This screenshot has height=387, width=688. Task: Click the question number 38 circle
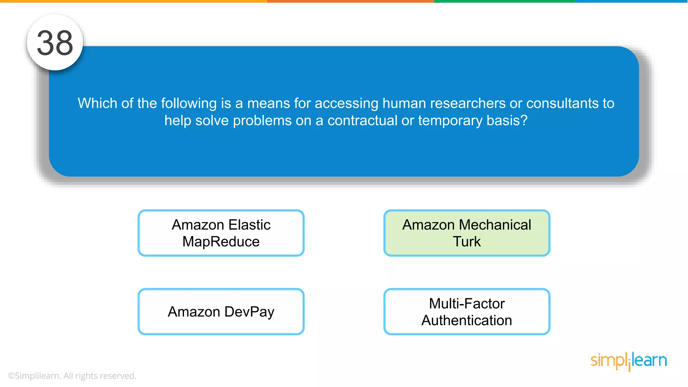click(55, 43)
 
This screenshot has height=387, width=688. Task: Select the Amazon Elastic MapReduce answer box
click(221, 233)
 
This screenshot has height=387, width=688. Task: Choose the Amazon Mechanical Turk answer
click(467, 233)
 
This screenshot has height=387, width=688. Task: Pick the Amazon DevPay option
click(221, 311)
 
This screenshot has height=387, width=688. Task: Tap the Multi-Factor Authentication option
click(467, 311)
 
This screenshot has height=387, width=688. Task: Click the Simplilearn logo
click(629, 361)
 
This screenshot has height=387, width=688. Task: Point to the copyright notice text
click(72, 376)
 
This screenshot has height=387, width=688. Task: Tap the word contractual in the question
click(362, 120)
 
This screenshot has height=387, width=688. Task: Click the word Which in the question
click(97, 103)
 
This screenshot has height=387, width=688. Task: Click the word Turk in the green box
click(467, 242)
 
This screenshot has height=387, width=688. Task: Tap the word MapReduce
click(221, 242)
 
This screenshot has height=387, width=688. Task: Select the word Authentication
click(467, 320)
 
